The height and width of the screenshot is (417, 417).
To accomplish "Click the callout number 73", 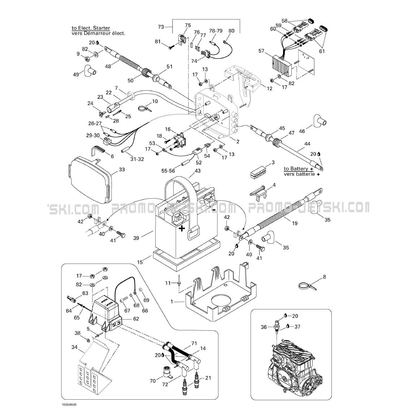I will coord(161,27).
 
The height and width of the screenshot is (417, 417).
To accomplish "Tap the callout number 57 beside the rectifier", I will coord(261,51).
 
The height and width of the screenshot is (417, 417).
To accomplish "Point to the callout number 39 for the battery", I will coord(136,238).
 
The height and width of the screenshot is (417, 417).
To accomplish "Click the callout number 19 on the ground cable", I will coord(295,223).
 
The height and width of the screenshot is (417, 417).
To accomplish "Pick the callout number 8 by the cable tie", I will coord(324,277).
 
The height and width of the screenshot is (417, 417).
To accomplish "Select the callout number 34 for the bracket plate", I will coord(74,347).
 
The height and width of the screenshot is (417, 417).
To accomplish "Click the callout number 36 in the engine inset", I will coord(264,327).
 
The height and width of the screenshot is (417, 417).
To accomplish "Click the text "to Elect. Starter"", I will coord(91,28).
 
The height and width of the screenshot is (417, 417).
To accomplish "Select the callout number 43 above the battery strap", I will coord(197,171).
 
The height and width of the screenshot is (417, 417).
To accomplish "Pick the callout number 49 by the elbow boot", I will coord(76,74).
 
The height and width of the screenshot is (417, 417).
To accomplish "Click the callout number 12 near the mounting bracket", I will coord(269,88).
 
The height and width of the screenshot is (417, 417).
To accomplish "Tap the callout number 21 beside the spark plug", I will coord(208,378).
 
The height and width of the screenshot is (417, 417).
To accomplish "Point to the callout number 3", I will coord(273,162).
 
